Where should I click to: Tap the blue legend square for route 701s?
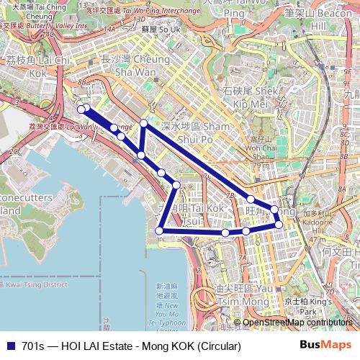pyautogui.click(x=10, y=346)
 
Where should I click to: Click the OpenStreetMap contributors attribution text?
pyautogui.click(x=297, y=323)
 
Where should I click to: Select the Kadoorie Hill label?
pyautogui.click(x=318, y=222)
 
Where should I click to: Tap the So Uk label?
pyautogui.click(x=161, y=30)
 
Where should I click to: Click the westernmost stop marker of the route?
pyautogui.click(x=81, y=109)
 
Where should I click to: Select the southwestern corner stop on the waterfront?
pyautogui.click(x=160, y=230)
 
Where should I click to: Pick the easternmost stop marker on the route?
pyautogui.click(x=279, y=225)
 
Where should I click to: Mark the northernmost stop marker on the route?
pyautogui.click(x=144, y=123)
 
